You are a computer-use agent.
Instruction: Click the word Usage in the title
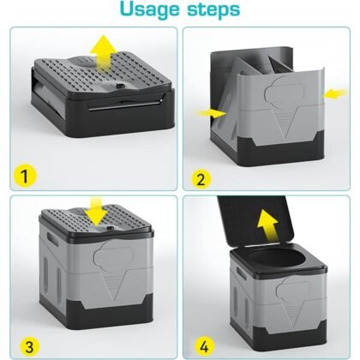click(150, 10)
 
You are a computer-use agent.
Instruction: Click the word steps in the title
click(213, 9)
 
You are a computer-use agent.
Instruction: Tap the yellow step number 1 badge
click(25, 176)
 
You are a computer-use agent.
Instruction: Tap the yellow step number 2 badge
click(201, 179)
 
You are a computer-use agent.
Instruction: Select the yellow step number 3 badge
click(30, 347)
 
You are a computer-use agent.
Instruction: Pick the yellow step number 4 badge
click(204, 347)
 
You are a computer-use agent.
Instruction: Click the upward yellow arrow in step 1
click(104, 51)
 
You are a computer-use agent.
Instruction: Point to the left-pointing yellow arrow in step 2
click(335, 93)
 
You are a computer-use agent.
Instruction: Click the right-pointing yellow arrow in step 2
click(211, 113)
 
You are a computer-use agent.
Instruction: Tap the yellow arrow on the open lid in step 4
click(268, 224)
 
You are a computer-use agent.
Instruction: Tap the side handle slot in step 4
click(242, 273)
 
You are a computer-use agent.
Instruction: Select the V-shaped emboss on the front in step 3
click(113, 285)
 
